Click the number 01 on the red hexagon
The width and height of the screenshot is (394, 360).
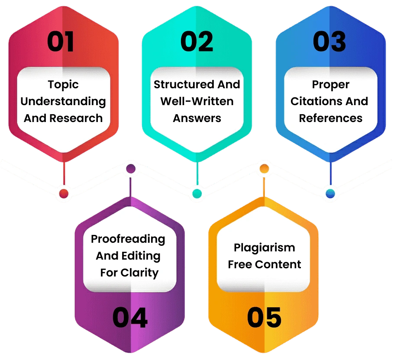pos(61,42)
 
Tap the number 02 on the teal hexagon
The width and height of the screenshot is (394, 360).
pos(197,42)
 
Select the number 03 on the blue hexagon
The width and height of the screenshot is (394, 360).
pos(329,42)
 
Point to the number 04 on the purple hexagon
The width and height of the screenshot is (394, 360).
pos(130,318)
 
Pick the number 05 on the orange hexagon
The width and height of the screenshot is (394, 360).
pos(264,318)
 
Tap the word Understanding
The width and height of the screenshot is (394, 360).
pos(63,101)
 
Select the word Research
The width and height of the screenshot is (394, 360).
pos(81,118)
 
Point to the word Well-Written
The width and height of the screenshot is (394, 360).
pos(197,101)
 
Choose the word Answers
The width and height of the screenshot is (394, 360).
pos(197,118)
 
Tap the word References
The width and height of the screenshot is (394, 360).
pos(330,118)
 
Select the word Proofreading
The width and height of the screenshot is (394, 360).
pos(128,239)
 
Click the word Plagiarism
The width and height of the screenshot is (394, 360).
pos(264,247)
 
